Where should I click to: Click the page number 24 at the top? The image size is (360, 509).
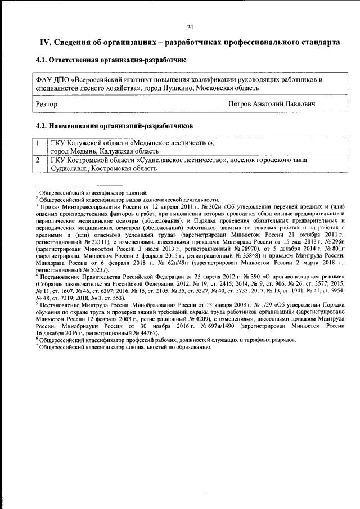[x=190, y=27]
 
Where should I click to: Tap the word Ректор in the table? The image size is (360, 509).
[x=46, y=104]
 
